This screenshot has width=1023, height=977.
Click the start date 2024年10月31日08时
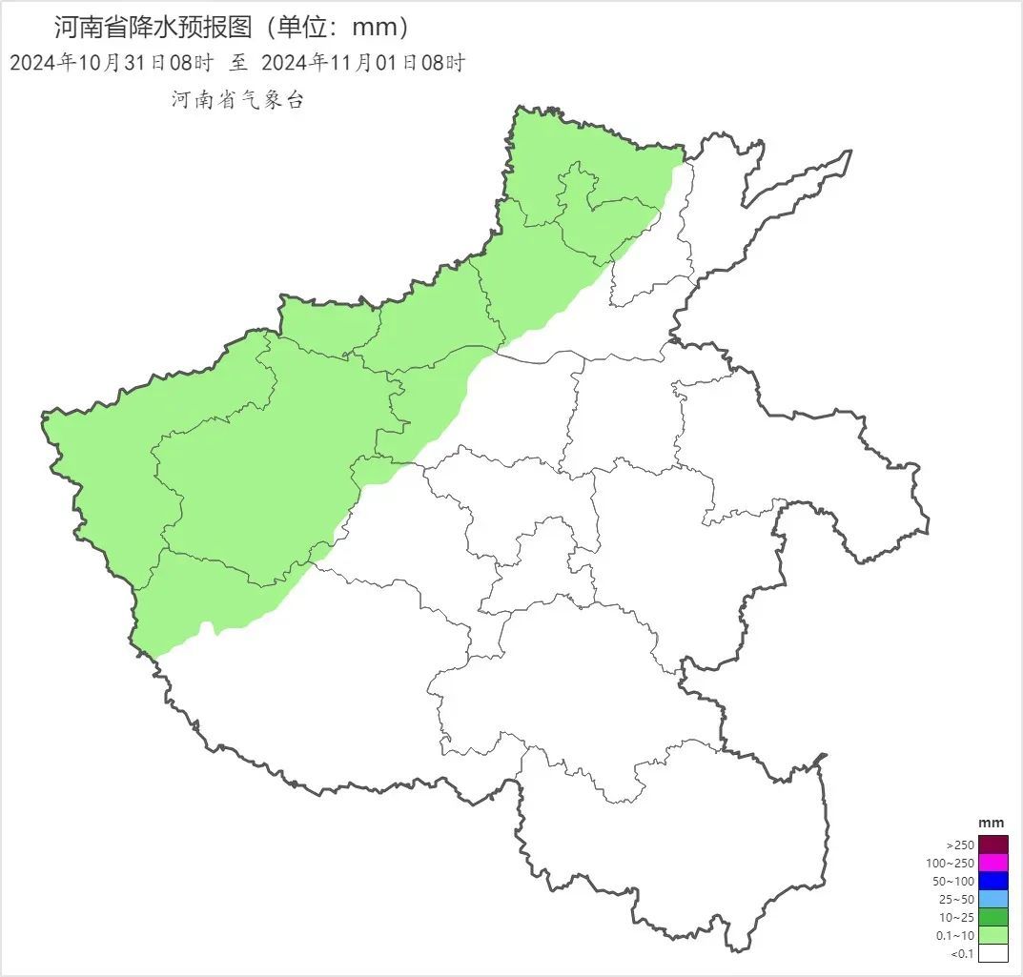point(112,63)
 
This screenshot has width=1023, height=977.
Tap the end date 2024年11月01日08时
point(362,63)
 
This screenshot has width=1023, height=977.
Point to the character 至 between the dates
point(237,63)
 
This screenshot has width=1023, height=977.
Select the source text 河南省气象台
point(237,99)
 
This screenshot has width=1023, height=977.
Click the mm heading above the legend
point(992,824)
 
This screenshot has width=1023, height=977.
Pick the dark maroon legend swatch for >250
point(992,845)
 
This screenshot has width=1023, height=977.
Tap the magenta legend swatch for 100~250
point(992,863)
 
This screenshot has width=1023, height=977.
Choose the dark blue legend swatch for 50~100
point(992,881)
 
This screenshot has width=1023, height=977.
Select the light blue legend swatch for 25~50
point(992,899)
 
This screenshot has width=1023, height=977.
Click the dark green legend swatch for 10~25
point(992,917)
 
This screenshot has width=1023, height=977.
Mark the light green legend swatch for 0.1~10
point(992,935)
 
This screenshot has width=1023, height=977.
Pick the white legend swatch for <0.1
point(992,953)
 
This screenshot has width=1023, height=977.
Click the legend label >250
point(959,845)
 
